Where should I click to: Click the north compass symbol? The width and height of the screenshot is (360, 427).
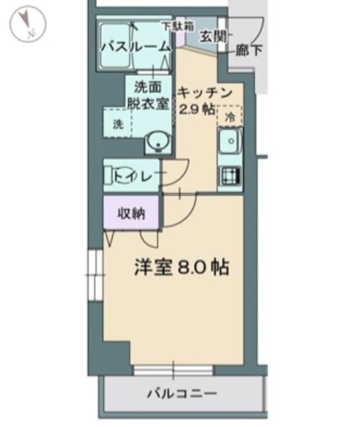28,24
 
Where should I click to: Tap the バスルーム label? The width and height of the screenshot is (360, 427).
136,47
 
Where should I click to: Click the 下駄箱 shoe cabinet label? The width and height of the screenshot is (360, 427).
178,27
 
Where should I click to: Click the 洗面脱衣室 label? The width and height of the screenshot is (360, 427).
148,95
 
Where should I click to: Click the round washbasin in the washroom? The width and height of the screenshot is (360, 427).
158,143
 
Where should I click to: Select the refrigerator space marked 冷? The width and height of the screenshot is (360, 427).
230,117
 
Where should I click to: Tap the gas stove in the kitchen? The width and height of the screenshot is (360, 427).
230,175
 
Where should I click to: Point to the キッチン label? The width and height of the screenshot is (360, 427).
204,93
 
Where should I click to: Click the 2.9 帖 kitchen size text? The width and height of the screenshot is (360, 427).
196,109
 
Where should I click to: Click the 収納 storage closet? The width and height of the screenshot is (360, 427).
131,213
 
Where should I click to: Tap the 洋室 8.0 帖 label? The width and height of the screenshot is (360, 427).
182,267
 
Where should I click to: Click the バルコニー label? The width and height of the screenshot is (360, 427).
182,393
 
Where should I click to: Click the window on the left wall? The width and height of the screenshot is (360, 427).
95,275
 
